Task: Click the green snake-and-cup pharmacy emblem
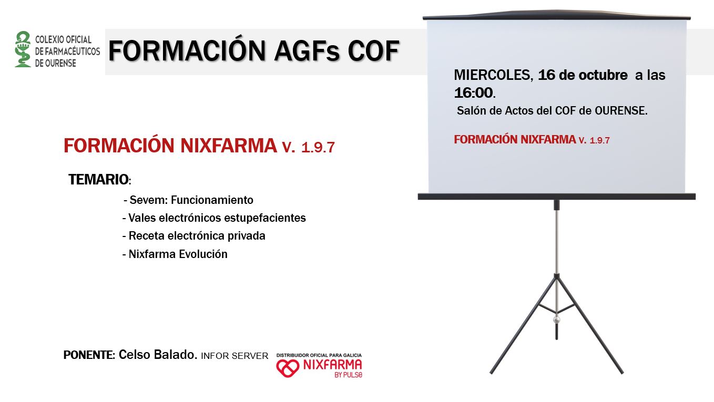pos(23,49)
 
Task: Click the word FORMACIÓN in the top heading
pos(187,50)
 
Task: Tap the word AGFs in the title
pos(307,51)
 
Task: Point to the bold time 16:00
pos(474,92)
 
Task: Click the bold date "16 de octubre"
pos(583,75)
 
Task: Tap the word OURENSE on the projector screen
pos(621,110)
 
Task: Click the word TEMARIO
pos(98,179)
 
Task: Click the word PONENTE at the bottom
pos(88,355)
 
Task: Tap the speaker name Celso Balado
pos(158,355)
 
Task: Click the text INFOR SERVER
pos(234,356)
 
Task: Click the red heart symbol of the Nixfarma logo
pos(288,368)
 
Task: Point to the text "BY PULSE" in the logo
pos(349,375)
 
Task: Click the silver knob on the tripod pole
pos(557,319)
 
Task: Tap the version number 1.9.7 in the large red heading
pos(318,147)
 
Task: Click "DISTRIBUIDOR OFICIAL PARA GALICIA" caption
pos(319,355)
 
